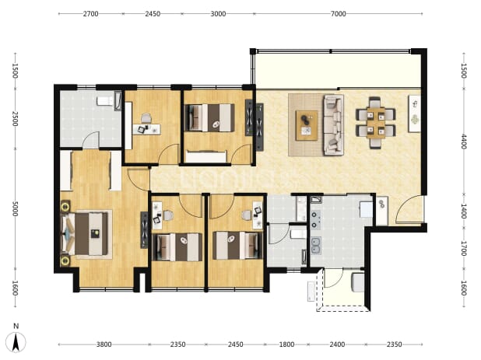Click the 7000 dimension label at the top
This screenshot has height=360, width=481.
(338, 14)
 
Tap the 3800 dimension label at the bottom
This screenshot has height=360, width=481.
(104, 344)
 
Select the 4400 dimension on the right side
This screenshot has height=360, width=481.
(464, 142)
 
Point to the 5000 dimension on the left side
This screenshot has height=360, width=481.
(15, 208)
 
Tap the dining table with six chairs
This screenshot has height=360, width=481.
(375, 123)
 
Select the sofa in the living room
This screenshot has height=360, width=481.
(333, 125)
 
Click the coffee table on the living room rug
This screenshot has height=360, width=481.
(307, 126)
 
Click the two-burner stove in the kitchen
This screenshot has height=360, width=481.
(315, 220)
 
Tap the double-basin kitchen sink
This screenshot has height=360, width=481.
(316, 246)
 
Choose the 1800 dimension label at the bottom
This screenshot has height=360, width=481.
(286, 344)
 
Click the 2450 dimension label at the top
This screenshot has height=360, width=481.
(153, 14)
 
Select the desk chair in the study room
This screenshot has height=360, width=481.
(146, 118)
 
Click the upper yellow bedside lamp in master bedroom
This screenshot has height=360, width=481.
(65, 207)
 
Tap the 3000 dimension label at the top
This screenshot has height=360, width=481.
(218, 14)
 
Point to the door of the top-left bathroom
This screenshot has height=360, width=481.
(91, 139)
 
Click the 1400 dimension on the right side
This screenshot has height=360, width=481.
(464, 211)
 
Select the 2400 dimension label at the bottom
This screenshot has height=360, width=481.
(337, 344)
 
